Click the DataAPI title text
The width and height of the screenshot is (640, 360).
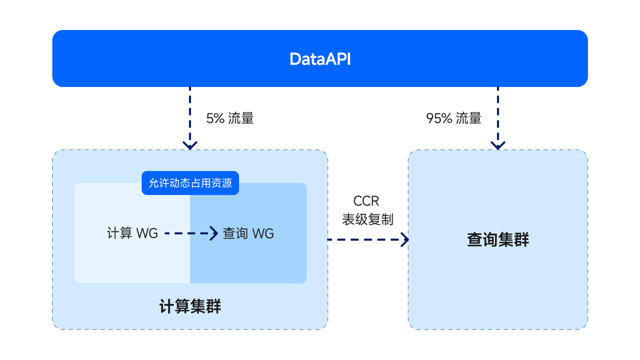320,59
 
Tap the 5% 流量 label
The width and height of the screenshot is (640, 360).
230,118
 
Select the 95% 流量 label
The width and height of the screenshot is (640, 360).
453,118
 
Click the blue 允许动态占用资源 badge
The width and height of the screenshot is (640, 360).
190,183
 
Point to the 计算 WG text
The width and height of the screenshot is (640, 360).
132,233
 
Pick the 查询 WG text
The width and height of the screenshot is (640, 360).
248,233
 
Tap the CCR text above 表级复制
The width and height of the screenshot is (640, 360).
366,201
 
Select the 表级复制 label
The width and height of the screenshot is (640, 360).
367,219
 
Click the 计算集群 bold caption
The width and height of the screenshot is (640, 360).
190,306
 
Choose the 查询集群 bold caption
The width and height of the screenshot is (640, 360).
498,240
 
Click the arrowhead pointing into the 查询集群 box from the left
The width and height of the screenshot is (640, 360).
404,239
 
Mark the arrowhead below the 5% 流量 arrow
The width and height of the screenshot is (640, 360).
190,145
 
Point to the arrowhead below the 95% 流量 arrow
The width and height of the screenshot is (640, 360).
498,145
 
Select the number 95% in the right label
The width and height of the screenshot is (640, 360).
439,118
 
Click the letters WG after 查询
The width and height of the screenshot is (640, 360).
263,233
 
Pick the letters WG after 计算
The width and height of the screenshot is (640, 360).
147,233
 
